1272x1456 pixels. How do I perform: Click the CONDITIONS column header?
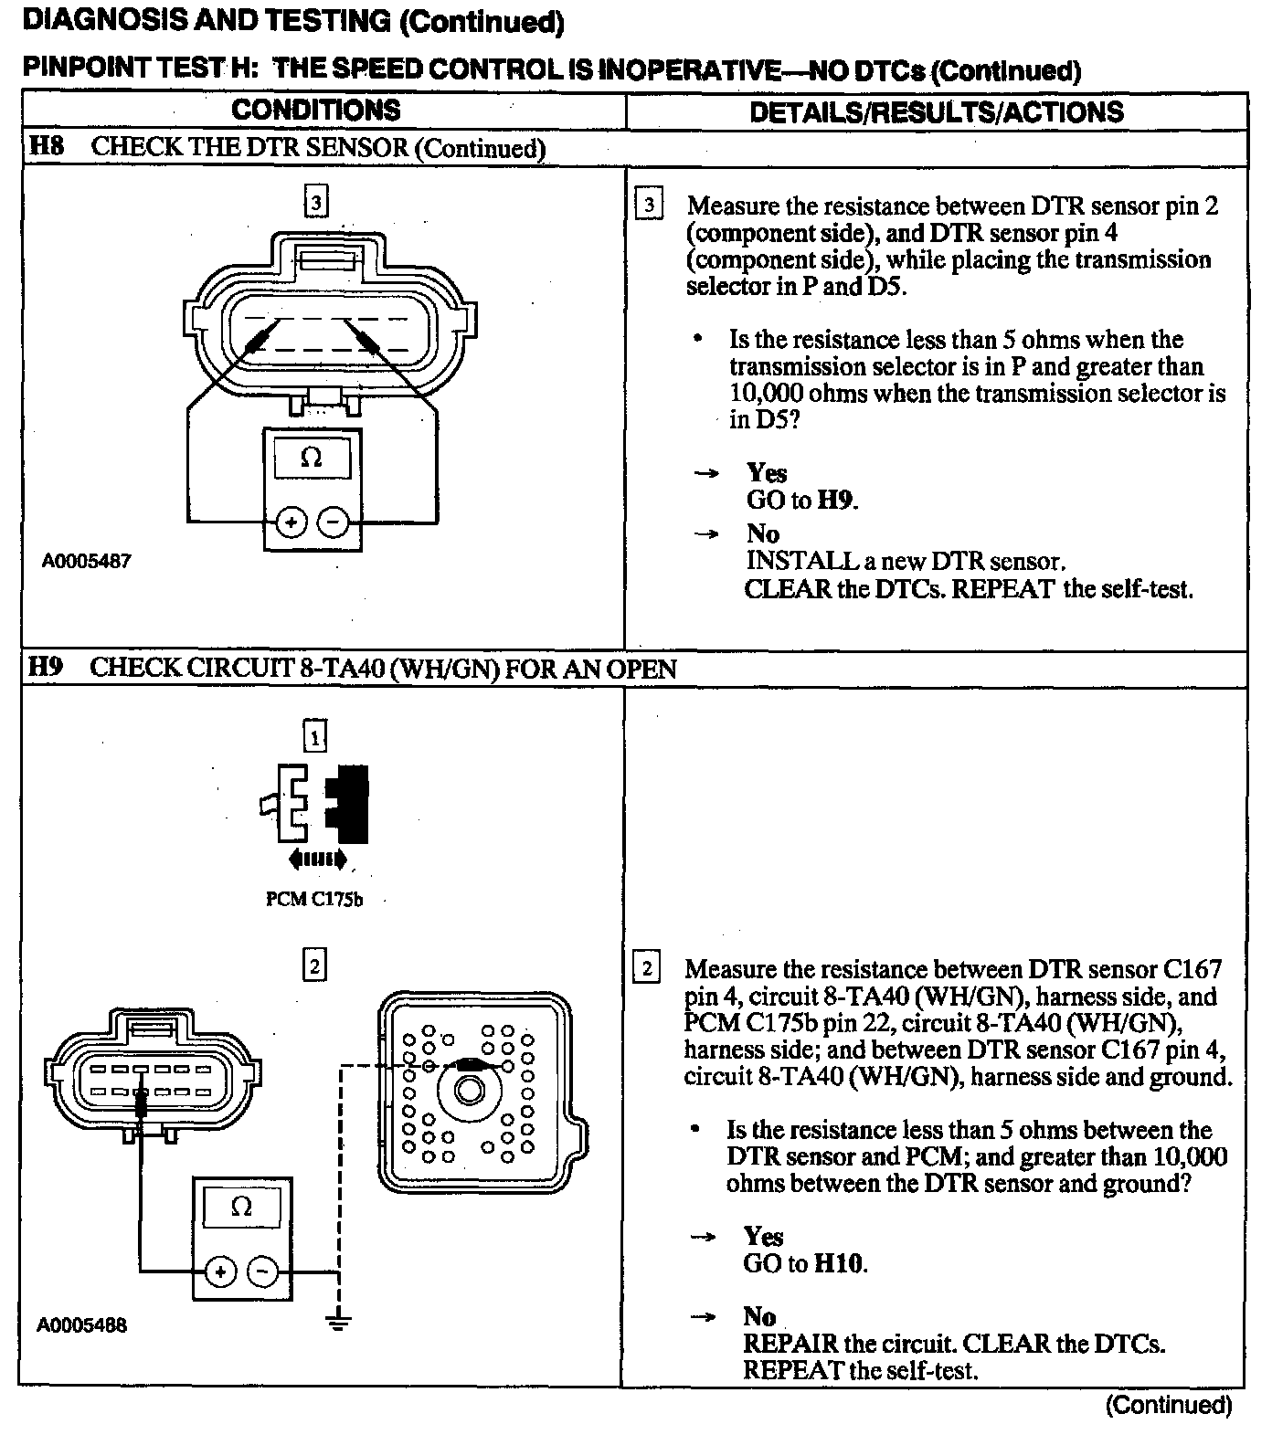click(315, 111)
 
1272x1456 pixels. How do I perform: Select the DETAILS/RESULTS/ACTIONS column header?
click(936, 111)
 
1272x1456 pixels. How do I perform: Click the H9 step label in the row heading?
click(46, 668)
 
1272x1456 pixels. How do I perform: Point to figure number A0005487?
click(86, 561)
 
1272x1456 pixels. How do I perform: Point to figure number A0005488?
click(81, 1324)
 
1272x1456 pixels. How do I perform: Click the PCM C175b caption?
click(314, 899)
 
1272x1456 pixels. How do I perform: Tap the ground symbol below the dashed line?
click(339, 1321)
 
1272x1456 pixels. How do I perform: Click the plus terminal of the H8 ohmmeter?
click(291, 522)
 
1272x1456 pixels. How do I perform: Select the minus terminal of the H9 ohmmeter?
click(263, 1271)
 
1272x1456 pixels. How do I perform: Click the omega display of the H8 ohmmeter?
click(312, 457)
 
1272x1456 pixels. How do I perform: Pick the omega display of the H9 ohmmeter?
click(241, 1207)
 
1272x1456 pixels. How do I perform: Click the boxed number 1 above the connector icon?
click(314, 736)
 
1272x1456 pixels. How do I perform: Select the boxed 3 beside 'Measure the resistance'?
click(648, 205)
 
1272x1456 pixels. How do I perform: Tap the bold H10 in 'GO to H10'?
click(838, 1263)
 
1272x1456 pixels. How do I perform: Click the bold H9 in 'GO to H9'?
click(836, 500)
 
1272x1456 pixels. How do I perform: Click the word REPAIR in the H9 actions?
click(790, 1344)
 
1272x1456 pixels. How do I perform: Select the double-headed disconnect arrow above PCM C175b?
click(317, 858)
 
